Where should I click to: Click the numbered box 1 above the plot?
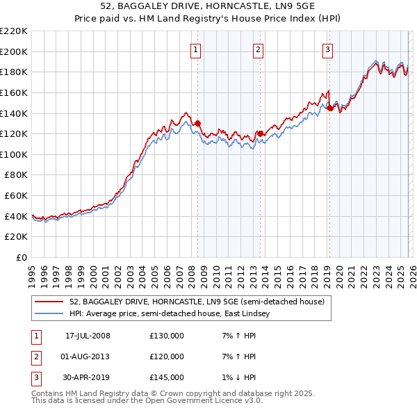pos(196,49)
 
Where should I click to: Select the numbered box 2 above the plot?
pos(258,49)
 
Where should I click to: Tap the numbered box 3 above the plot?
pos(327,49)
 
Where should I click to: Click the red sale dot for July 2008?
pos(197,124)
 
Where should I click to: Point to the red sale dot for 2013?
pos(259,133)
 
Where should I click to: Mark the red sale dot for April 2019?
pos(329,108)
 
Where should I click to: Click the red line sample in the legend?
pos(49,302)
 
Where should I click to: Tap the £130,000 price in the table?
pos(167,336)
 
